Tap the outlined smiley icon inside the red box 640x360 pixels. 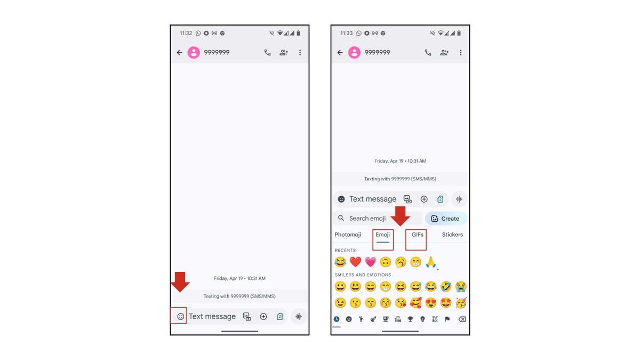[x=180, y=316]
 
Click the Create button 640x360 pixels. [x=446, y=218]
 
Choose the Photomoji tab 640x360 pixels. [x=348, y=235]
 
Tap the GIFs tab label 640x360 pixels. [x=418, y=235]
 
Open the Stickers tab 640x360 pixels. [x=452, y=235]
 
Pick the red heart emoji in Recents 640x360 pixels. [x=355, y=262]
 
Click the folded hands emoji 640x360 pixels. [x=431, y=262]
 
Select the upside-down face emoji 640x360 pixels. [x=386, y=262]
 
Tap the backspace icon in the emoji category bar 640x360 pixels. [x=462, y=319]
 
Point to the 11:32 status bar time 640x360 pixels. [x=186, y=33]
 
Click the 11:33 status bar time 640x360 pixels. [x=346, y=33]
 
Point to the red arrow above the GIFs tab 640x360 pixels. [x=401, y=215]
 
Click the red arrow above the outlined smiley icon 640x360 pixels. [x=180, y=282]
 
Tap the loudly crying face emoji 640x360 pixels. [x=461, y=287]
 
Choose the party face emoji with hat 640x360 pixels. [x=461, y=303]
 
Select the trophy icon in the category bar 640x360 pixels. [x=410, y=319]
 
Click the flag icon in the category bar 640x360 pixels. [x=447, y=319]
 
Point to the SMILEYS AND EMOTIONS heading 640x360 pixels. [x=363, y=275]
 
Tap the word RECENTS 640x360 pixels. [x=345, y=250]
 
